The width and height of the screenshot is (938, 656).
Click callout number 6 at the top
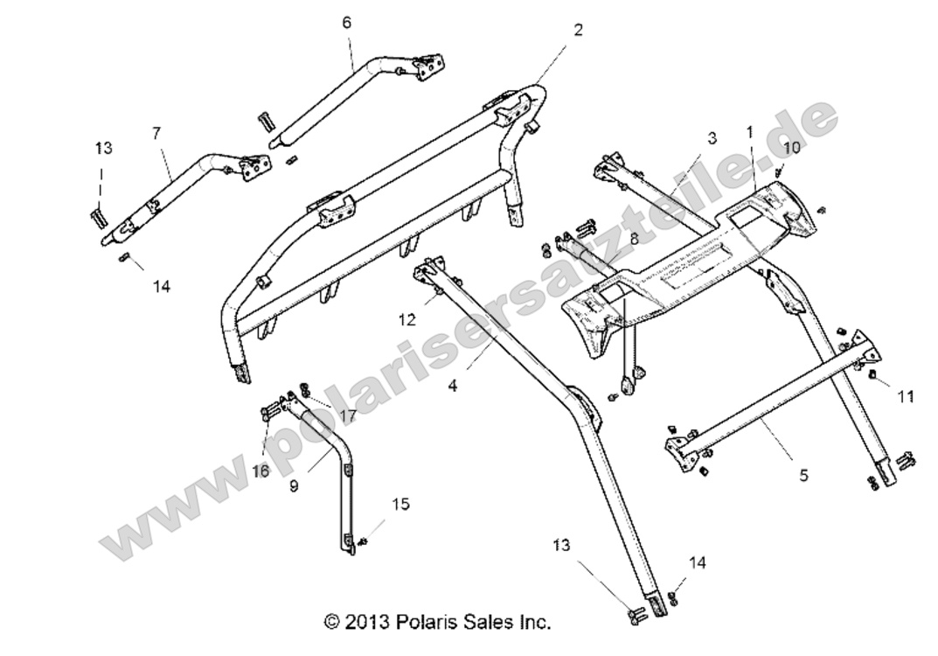[346, 23]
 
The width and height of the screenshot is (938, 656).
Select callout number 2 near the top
[577, 30]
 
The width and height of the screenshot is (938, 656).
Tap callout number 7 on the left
[156, 133]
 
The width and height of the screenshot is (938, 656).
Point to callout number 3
[712, 138]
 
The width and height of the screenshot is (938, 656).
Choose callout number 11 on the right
[906, 396]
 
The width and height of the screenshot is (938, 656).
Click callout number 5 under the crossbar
[803, 476]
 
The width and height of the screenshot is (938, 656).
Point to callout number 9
[294, 485]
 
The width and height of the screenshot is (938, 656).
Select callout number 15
[400, 504]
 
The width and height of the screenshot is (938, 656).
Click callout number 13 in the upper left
[104, 149]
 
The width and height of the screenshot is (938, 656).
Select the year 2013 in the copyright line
[360, 623]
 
